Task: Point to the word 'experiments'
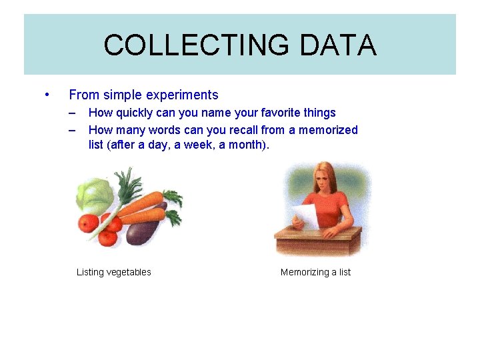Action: point(185,95)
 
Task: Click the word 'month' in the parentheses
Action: point(246,144)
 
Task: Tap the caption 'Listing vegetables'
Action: point(114,272)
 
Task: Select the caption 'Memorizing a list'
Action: point(315,272)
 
